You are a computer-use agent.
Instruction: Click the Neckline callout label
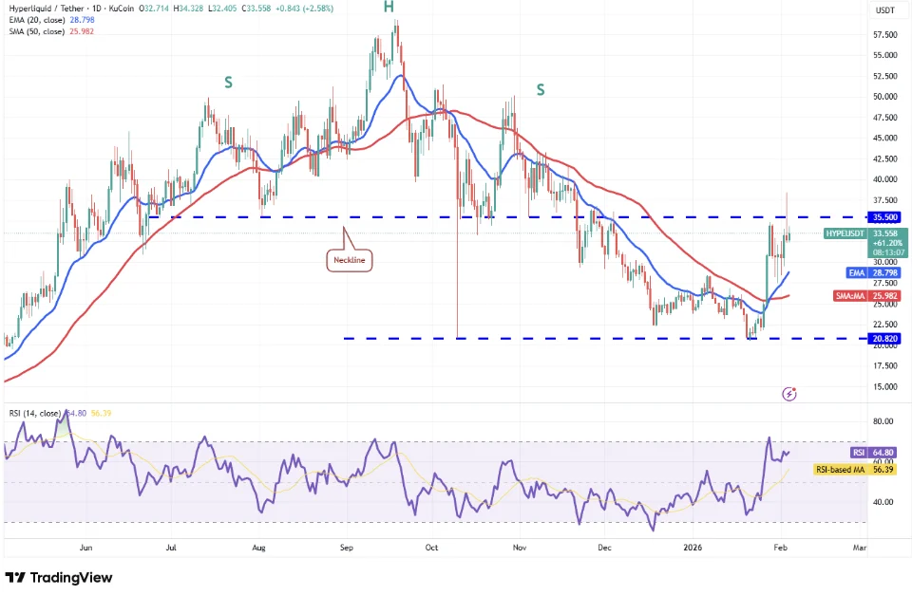tap(348, 259)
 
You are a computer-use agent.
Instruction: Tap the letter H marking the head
tap(389, 8)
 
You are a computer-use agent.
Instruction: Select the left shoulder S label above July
tap(228, 84)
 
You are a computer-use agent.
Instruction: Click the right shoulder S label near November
tap(541, 90)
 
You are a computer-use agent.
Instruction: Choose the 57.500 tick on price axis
tap(885, 34)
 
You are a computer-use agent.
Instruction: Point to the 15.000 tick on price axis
tap(885, 386)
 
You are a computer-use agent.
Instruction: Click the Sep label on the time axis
tap(347, 548)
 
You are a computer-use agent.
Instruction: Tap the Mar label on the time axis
tap(860, 548)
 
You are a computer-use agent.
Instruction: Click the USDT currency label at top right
tap(884, 11)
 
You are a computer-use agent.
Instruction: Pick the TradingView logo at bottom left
tap(59, 577)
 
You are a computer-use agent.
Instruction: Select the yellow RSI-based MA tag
tap(841, 469)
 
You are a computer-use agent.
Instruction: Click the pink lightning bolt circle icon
tap(788, 393)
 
